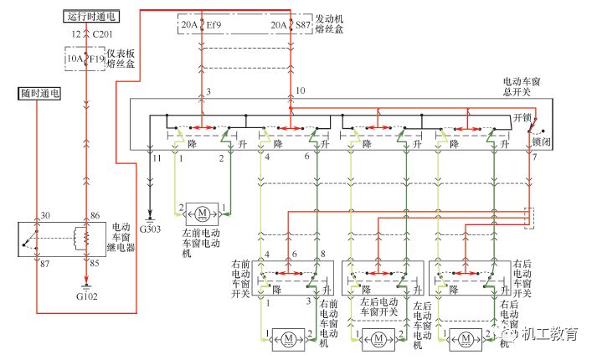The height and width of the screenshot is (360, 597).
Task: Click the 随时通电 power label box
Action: tap(37, 94)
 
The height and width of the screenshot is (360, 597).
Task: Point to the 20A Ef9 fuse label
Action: tap(202, 25)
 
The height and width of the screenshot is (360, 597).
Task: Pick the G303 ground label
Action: tap(151, 229)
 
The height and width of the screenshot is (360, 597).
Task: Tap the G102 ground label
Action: tap(86, 294)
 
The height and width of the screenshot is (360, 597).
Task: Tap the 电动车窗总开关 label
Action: tap(518, 86)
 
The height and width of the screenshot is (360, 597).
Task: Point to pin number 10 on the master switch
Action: tap(300, 90)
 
